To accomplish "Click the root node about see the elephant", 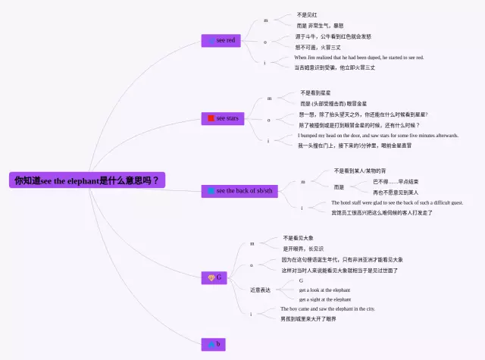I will pos(87,181).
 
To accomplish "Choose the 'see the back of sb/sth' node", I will pos(240,190).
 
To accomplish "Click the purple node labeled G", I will pos(215,277).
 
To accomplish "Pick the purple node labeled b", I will pos(215,344).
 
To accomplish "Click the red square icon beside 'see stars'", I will pos(211,118).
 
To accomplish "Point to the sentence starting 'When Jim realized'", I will pos(358,58).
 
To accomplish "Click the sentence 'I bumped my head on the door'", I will pos(377,136).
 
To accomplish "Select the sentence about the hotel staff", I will pos(396,203).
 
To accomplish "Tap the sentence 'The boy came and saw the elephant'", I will pos(327,309).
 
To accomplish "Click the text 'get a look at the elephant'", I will pos(324,290).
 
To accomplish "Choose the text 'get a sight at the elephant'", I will pos(324,299).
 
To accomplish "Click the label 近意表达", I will pos(260,290).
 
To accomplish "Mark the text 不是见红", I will pos(307,15).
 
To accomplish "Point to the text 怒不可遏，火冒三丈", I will pos(318,47).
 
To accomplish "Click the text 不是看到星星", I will pos(316,93).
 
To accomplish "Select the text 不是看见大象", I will pos(298,238).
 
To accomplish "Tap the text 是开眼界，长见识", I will pos(303,249).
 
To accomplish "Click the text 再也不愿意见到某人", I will pos(396,193).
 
